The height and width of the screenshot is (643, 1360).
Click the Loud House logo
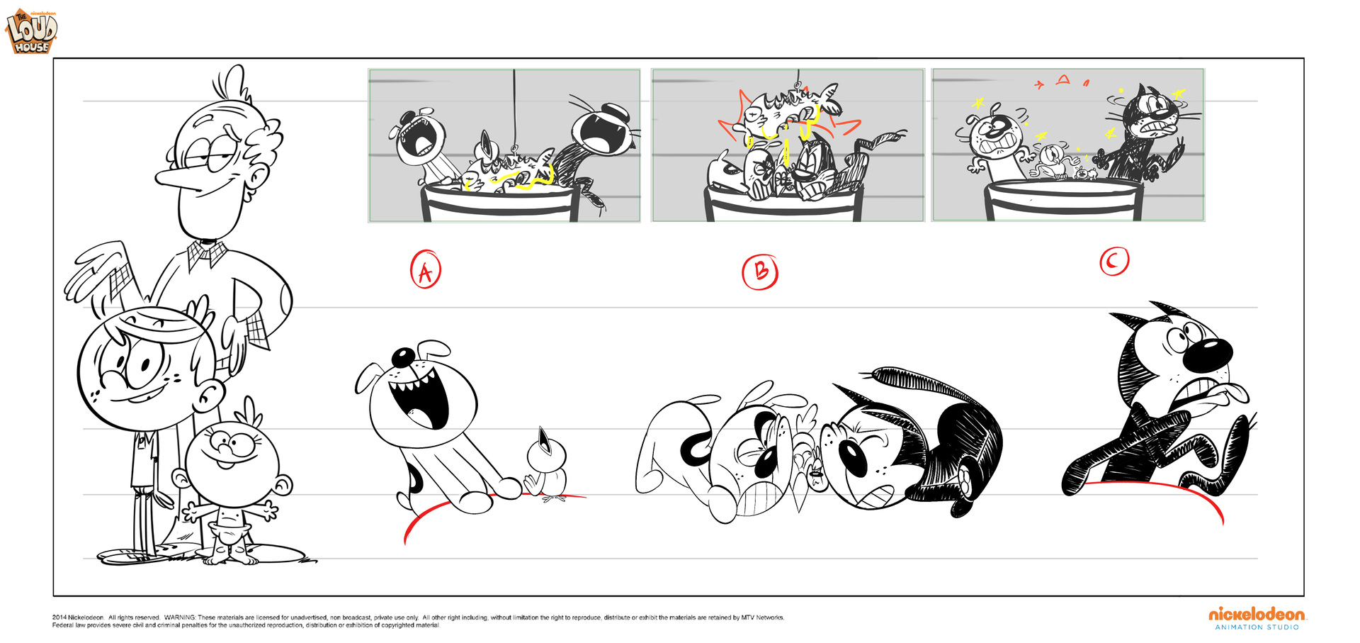pyautogui.click(x=32, y=32)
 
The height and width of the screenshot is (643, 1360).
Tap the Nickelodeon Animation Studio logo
pyautogui.click(x=1257, y=618)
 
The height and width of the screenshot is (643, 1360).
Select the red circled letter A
pyautogui.click(x=426, y=269)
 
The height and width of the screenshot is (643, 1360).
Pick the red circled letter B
pyautogui.click(x=760, y=272)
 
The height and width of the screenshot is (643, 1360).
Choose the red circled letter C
pyautogui.click(x=1114, y=261)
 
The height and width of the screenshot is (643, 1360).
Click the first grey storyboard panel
pyautogui.click(x=504, y=145)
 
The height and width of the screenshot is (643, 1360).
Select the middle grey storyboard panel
pyautogui.click(x=788, y=145)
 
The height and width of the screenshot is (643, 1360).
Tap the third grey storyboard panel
pyautogui.click(x=1068, y=145)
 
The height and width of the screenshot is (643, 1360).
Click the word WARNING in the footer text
pyautogui.click(x=180, y=617)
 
